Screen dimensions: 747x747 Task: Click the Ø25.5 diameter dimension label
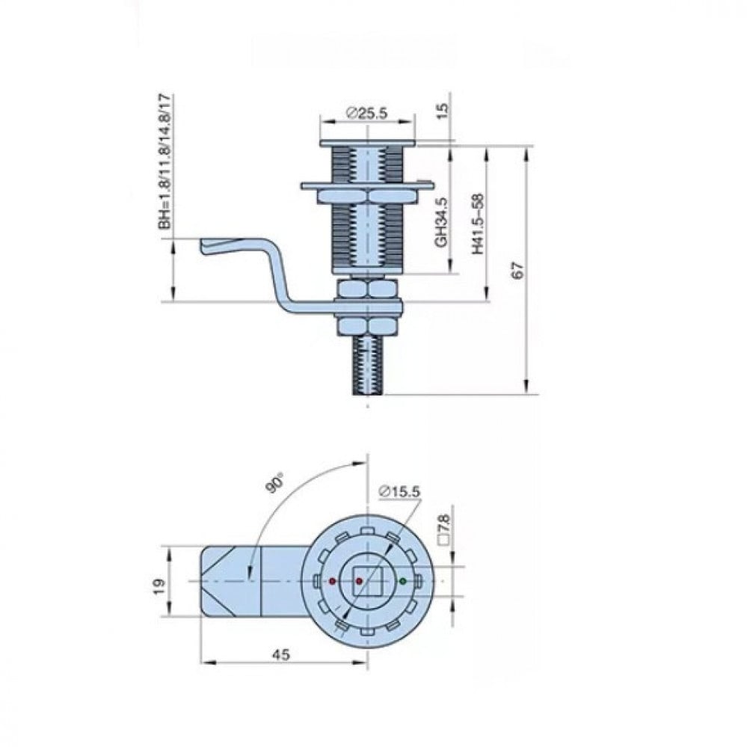click(367, 113)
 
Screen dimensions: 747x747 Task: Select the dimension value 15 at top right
click(443, 111)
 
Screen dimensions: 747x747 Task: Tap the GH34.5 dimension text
click(442, 222)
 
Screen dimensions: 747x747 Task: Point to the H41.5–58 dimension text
click(477, 224)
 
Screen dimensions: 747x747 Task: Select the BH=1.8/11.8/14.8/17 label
click(165, 162)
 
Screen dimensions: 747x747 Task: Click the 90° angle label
click(275, 482)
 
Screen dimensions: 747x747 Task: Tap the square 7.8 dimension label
click(444, 529)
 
